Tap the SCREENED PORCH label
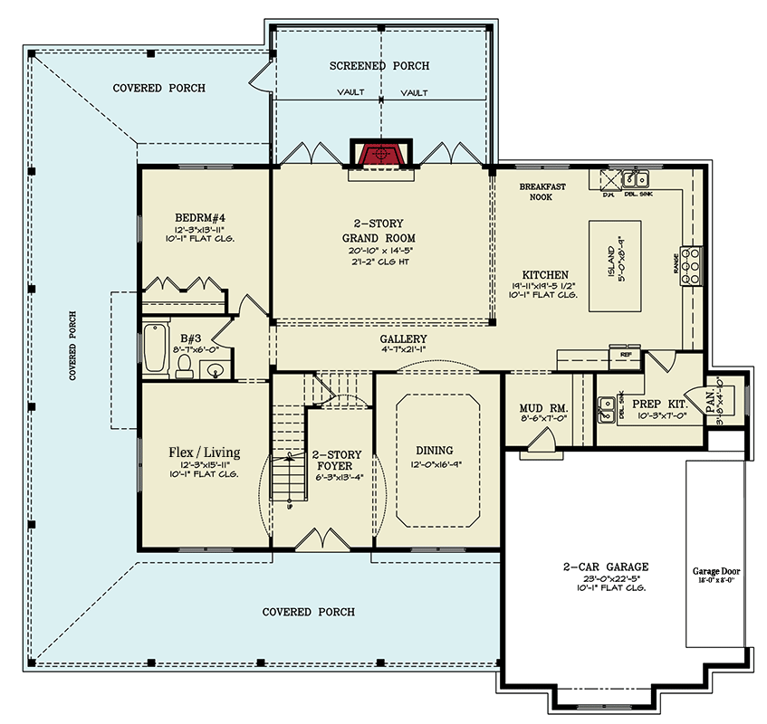pos(379,66)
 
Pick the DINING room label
pos(435,451)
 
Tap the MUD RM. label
pos(535,407)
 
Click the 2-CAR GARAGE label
pos(604,567)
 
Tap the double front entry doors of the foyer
pos(321,539)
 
